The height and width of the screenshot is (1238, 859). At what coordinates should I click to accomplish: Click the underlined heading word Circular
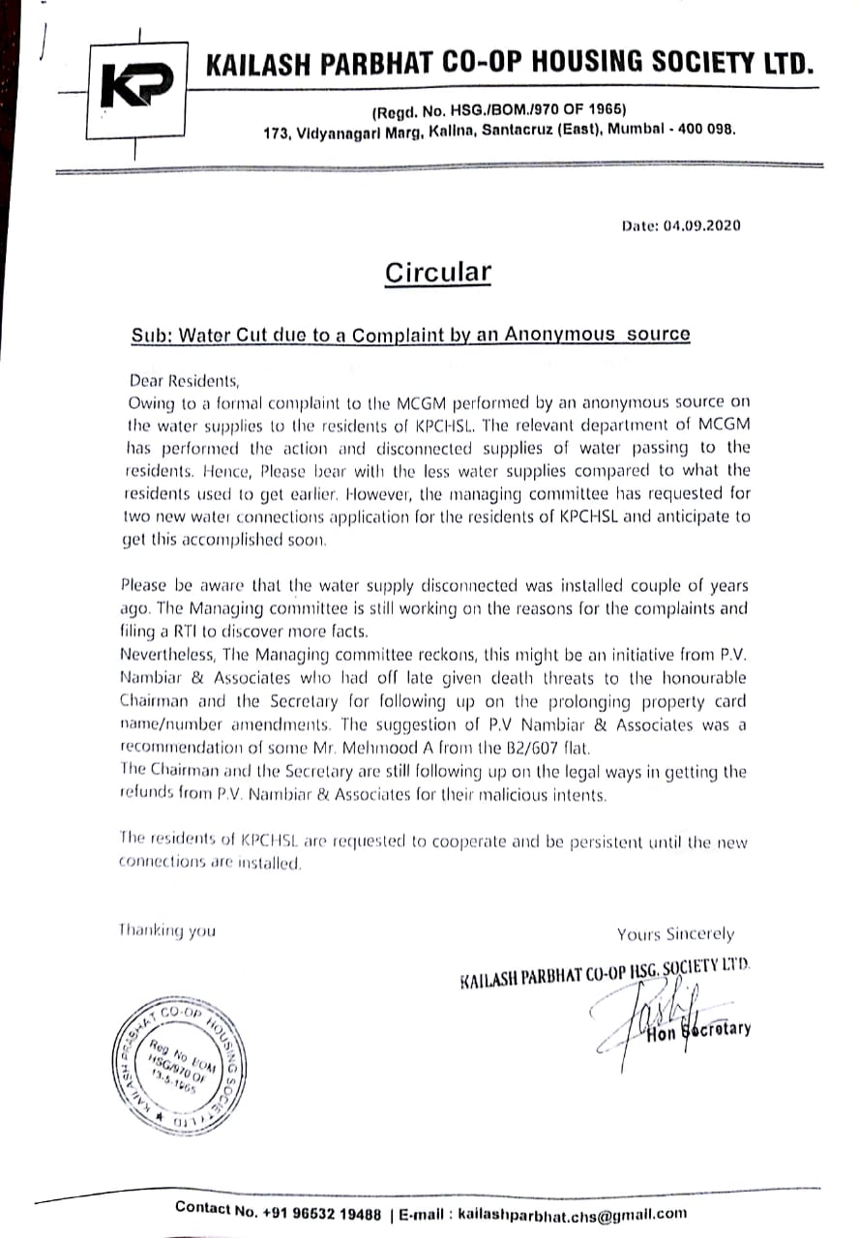coord(437,273)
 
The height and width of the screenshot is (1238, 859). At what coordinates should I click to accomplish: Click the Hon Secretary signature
coord(667,1021)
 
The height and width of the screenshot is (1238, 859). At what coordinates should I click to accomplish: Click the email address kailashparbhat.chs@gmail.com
coord(573,1212)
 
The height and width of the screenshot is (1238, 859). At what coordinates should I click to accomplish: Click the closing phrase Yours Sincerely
coord(675,934)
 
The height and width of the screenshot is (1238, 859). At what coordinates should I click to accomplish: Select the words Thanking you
coord(167,930)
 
